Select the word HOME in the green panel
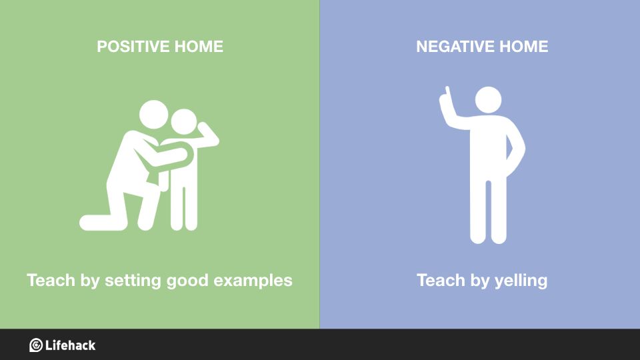pyautogui.click(x=199, y=47)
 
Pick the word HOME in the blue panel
pyautogui.click(x=524, y=47)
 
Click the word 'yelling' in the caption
pyautogui.click(x=521, y=281)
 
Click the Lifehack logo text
pyautogui.click(x=70, y=345)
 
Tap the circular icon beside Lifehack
pyautogui.click(x=36, y=345)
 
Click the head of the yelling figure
pyautogui.click(x=488, y=99)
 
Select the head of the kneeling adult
pyautogui.click(x=153, y=115)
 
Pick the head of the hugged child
pyautogui.click(x=184, y=121)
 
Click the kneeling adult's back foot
pyautogui.click(x=96, y=223)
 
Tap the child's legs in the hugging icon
pyautogui.click(x=184, y=208)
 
